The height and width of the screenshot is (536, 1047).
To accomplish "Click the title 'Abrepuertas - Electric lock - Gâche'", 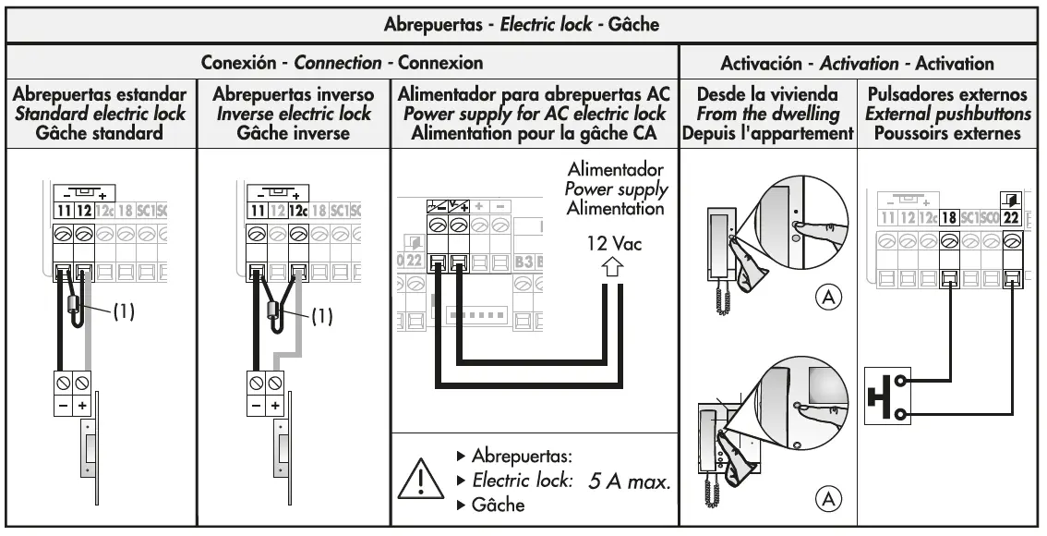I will pos(522,23).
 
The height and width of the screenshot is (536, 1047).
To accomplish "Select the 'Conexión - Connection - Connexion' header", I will pos(343,64).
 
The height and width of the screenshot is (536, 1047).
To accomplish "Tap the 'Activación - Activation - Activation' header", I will pos(857,64).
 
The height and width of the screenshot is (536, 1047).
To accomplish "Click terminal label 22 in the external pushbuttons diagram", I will pos(1010,218).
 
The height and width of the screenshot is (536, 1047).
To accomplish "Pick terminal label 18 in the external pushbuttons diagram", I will pos(949,218).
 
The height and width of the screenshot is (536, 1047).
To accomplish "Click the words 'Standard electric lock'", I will pos(100,114).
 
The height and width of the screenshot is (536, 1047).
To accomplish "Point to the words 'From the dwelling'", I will pos(765,114).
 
